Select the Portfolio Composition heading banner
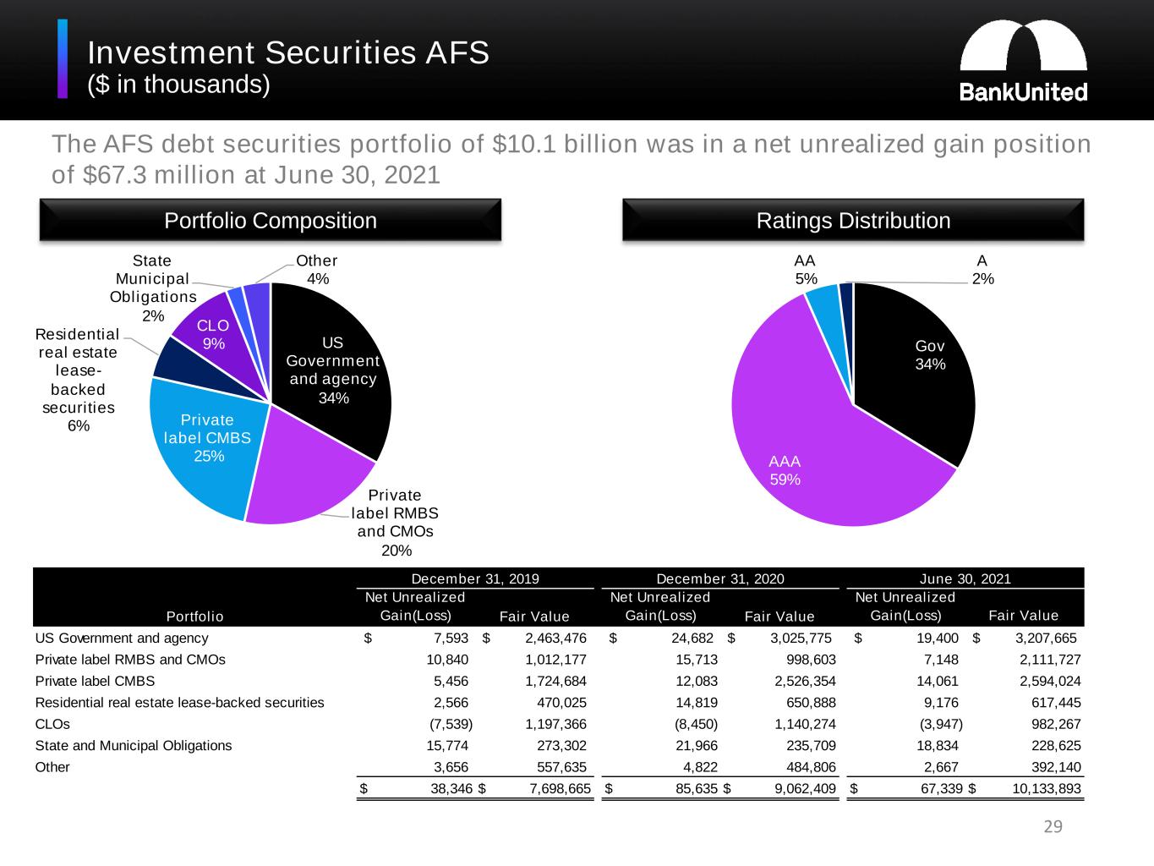pyautogui.click(x=271, y=221)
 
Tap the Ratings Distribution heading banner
pyautogui.click(x=853, y=221)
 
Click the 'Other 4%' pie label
pyautogui.click(x=317, y=270)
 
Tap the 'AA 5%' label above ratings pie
pyautogui.click(x=805, y=270)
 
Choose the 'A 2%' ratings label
pyautogui.click(x=982, y=270)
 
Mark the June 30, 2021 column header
pyautogui.click(x=965, y=579)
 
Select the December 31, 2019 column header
pyautogui.click(x=475, y=579)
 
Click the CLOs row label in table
pyautogui.click(x=52, y=724)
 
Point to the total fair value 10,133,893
pyautogui.click(x=1047, y=789)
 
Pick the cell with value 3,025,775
pyautogui.click(x=801, y=638)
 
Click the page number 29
pyautogui.click(x=1053, y=827)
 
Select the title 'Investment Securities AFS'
pyautogui.click(x=288, y=52)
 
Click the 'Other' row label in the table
pyautogui.click(x=52, y=767)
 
